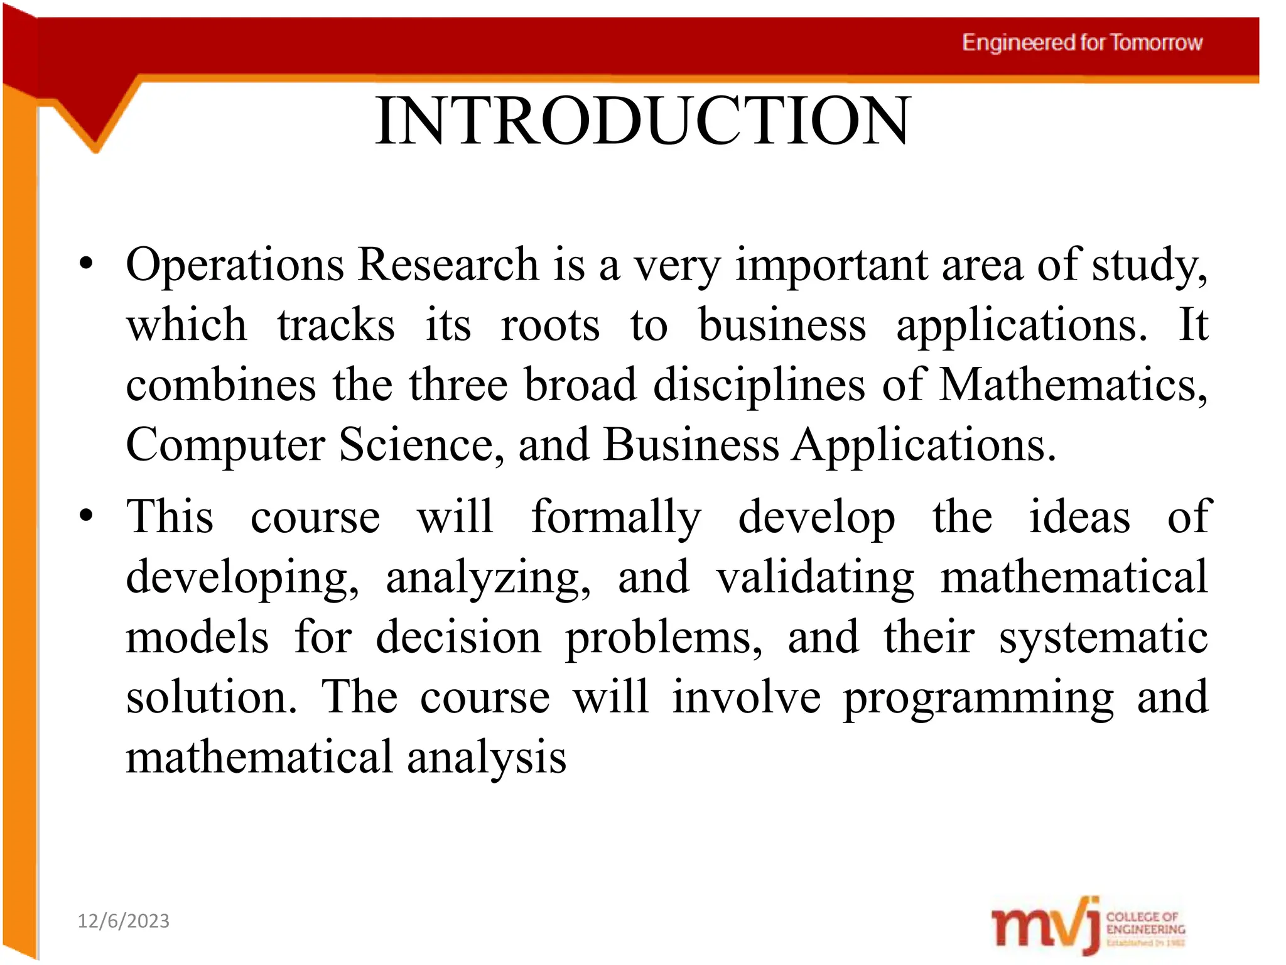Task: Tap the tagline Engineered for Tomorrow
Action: point(1082,43)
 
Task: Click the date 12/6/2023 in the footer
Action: point(123,921)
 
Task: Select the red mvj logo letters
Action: point(1045,927)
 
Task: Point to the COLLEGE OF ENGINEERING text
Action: point(1145,924)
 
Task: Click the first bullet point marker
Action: point(86,264)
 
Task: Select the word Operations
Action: point(234,265)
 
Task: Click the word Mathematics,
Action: point(1073,384)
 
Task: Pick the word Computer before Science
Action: point(225,445)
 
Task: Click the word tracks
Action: point(336,325)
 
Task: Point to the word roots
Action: point(549,325)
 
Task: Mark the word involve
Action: point(746,697)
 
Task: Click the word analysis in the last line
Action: point(486,758)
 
